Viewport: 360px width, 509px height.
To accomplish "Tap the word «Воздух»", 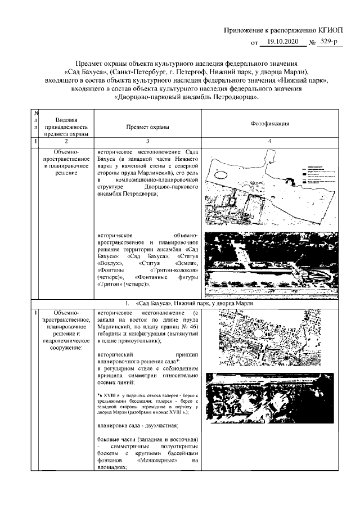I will pos(110,262).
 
